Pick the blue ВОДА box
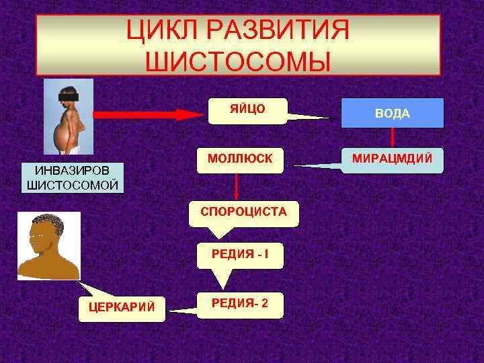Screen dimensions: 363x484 coord(392,113)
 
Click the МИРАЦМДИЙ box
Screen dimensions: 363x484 coord(392,160)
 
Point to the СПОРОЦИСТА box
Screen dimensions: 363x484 coord(243,212)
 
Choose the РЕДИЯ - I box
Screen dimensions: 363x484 coord(239,254)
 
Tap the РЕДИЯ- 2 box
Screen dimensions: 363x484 coord(240,304)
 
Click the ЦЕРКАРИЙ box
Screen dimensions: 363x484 coord(122,308)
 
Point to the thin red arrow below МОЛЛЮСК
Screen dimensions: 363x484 coord(237,187)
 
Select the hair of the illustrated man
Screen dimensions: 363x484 coord(48,221)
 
